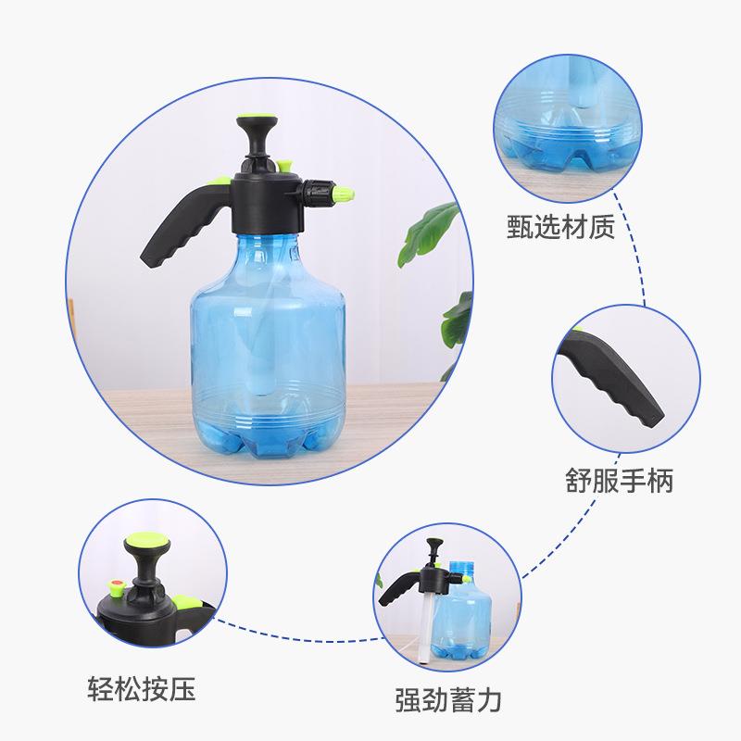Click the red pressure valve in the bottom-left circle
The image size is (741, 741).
coord(118,585)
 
